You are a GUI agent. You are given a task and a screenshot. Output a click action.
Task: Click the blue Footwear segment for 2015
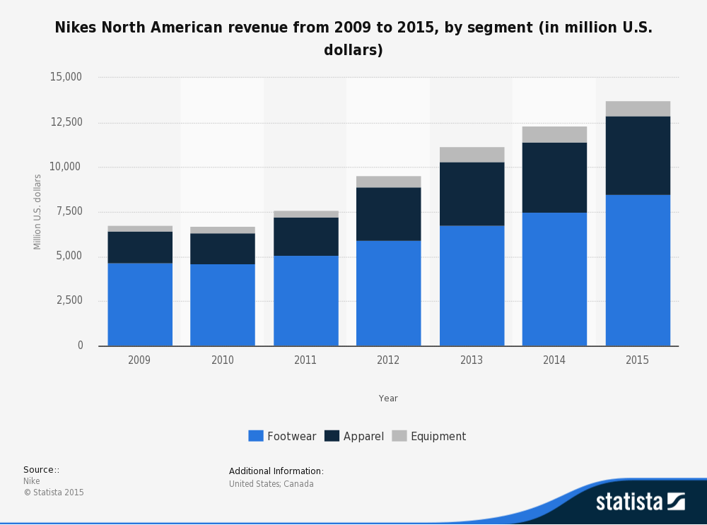tap(638, 270)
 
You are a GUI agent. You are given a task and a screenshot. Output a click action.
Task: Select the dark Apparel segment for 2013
tap(472, 194)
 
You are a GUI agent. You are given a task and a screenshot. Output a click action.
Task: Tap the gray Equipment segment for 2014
tap(554, 134)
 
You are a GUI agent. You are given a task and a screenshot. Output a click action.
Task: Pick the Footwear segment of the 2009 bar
tap(140, 305)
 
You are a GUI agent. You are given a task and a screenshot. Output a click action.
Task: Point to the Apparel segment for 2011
tap(305, 236)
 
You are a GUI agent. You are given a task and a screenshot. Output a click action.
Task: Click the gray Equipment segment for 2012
tap(388, 182)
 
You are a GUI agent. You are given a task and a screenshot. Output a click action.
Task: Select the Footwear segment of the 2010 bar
tap(223, 305)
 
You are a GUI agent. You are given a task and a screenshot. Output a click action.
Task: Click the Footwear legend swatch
tap(255, 436)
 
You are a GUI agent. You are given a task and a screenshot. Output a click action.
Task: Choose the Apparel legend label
tap(363, 437)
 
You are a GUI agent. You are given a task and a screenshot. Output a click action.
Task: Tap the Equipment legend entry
tap(430, 437)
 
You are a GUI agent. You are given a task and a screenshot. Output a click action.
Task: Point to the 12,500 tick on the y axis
tap(66, 122)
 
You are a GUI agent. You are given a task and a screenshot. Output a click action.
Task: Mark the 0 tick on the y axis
tap(80, 346)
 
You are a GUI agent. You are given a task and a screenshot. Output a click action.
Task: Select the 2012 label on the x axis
tap(388, 360)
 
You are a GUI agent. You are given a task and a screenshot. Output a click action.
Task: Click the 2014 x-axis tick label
tap(554, 360)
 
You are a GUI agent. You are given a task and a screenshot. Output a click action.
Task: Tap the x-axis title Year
tap(388, 399)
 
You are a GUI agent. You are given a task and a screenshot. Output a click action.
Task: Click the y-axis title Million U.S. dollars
tap(37, 211)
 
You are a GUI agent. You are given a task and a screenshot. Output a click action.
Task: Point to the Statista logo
tap(640, 502)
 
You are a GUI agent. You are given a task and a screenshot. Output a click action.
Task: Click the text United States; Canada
tap(271, 484)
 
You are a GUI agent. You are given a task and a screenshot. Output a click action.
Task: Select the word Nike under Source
tap(32, 481)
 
